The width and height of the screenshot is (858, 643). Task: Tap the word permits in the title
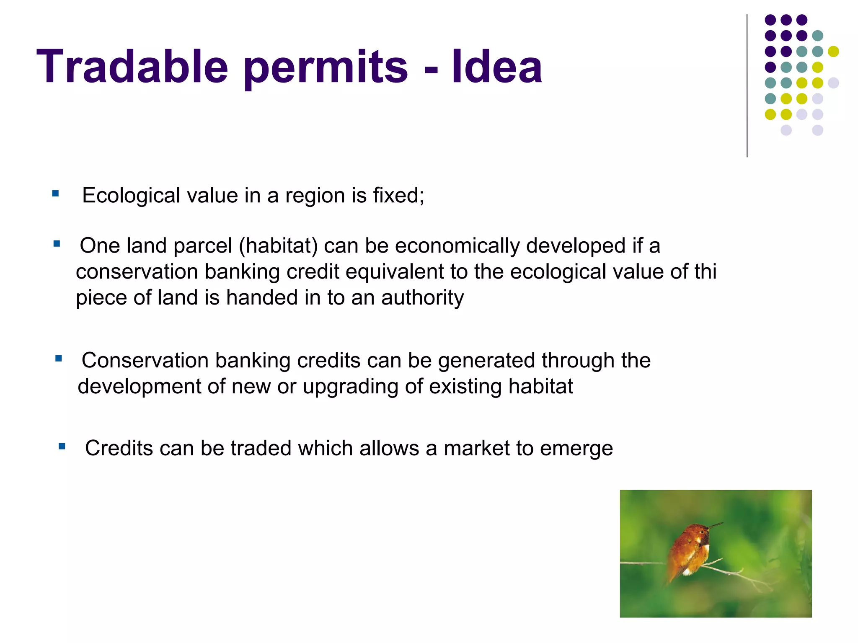click(326, 69)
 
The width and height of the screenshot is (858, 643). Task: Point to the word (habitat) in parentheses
click(278, 246)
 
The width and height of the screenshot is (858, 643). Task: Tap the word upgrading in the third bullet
click(350, 387)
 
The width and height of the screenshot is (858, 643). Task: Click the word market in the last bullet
click(476, 448)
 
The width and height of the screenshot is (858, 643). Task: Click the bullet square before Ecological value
click(55, 194)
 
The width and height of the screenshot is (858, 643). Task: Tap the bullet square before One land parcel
click(57, 243)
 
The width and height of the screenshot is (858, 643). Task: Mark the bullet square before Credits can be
click(62, 447)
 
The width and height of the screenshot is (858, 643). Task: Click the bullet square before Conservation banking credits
click(59, 359)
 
